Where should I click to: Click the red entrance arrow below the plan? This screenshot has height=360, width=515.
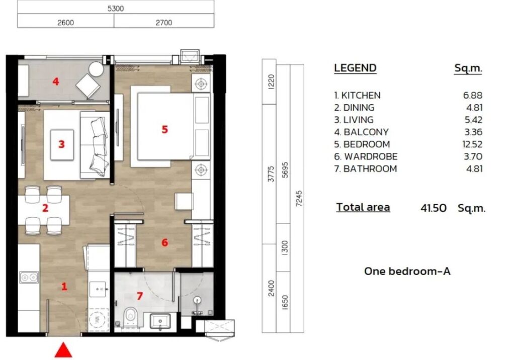coord(63,350)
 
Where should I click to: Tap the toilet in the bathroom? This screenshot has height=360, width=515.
coord(130,317)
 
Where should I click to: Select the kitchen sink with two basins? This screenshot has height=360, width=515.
coord(29,277)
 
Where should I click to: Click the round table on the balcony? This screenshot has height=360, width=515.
coord(96,69)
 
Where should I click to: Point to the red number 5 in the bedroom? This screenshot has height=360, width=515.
coord(165,129)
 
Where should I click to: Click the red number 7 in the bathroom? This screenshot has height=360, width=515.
coord(140,296)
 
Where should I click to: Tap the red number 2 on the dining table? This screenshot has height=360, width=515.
coord(45,208)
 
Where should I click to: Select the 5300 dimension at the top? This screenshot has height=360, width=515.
coord(116,8)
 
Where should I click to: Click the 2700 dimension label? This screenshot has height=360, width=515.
coord(163,22)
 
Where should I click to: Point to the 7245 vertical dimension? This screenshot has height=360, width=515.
coord(299,199)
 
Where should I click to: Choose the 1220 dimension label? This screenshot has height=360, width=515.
coord(271,81)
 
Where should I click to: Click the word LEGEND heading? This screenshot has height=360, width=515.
coord(355,68)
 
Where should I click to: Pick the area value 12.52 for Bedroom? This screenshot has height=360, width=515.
coord(472,144)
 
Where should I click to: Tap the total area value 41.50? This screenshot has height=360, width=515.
coord(433,208)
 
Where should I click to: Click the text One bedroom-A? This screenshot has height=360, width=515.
coord(407,272)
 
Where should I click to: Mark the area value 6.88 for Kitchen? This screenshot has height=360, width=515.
coord(473,95)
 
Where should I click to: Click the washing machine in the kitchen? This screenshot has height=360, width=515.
coord(98,318)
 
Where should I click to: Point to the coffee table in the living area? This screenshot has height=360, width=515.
coord(62,144)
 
